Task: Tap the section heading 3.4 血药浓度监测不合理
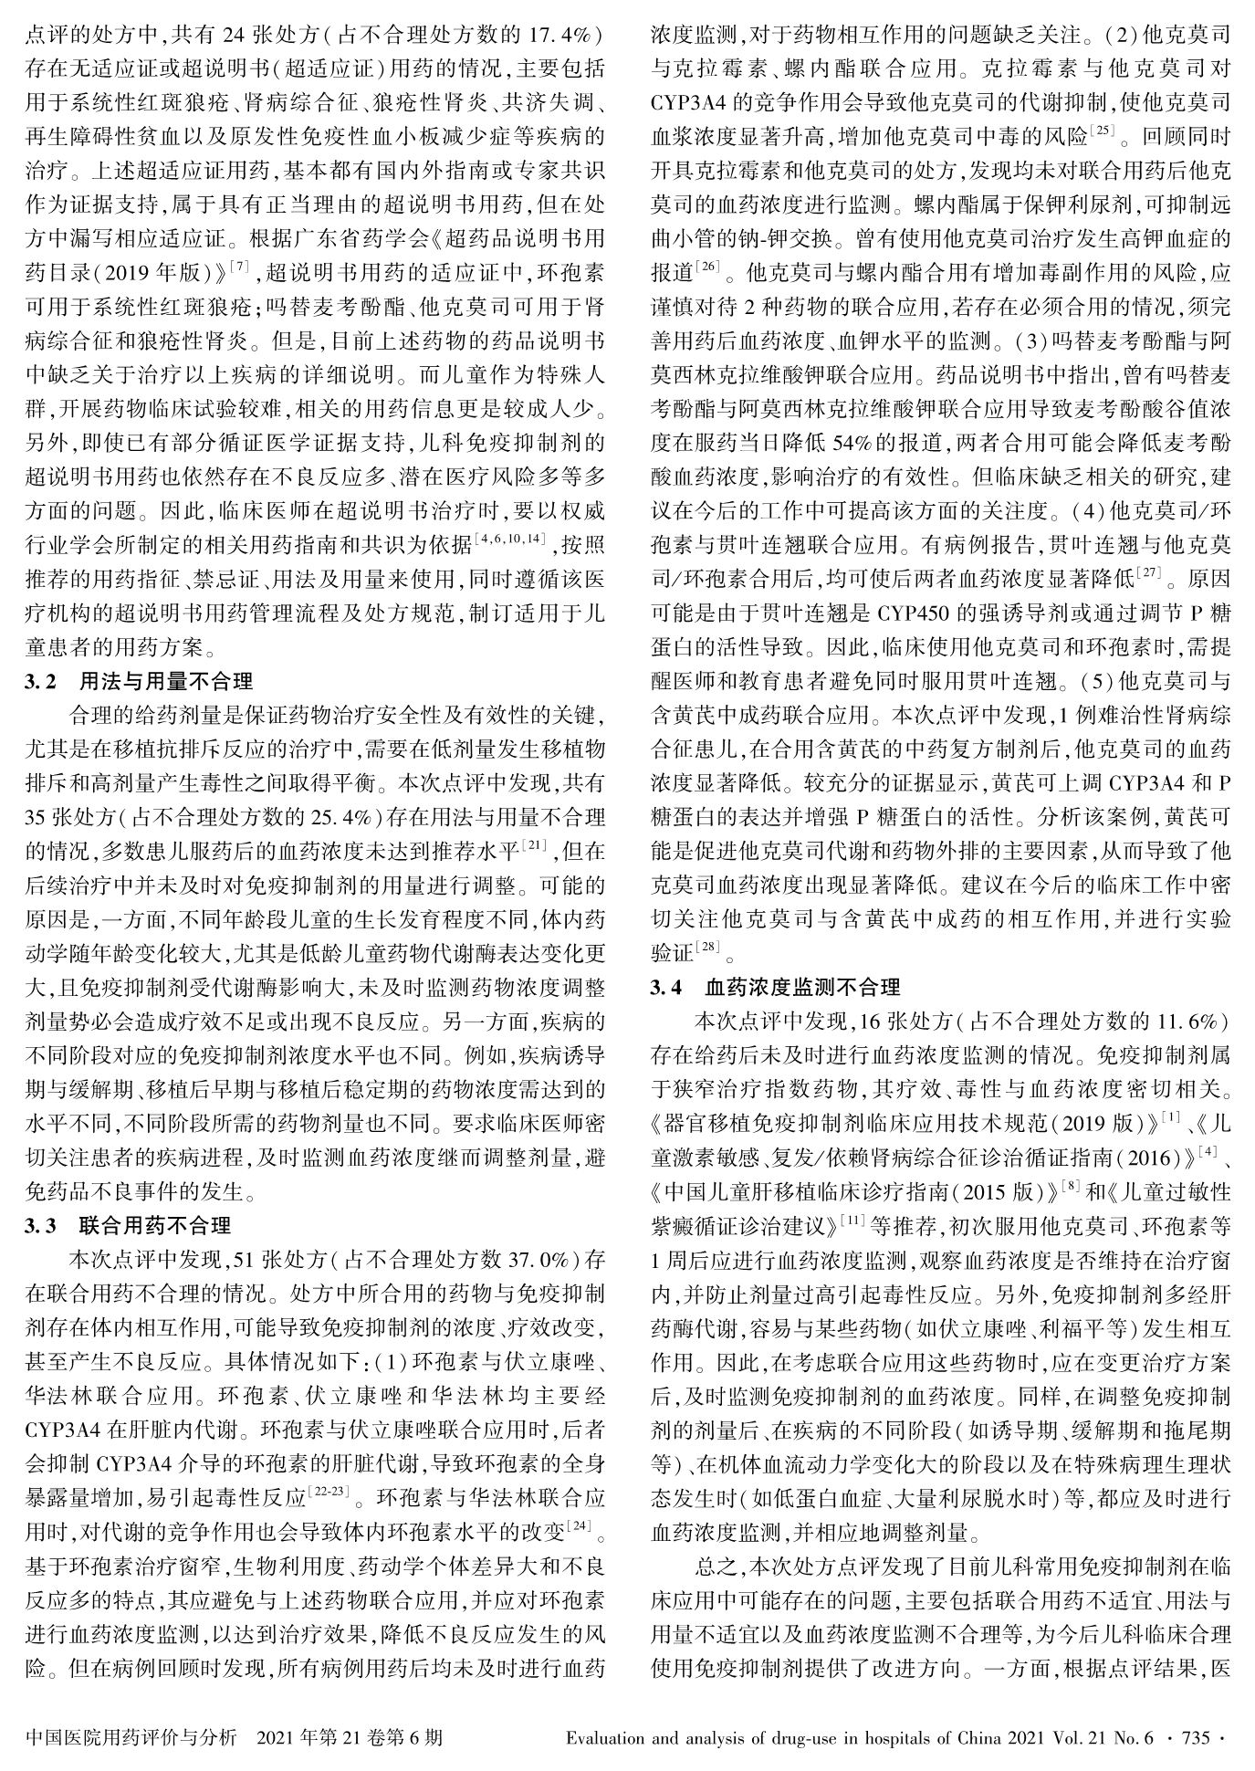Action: click(775, 987)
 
